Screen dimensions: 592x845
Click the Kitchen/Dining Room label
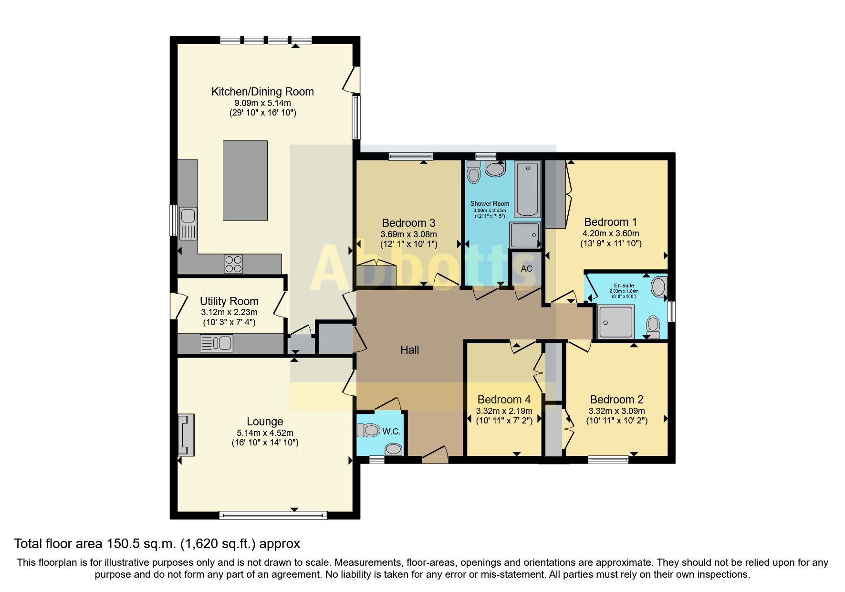262,92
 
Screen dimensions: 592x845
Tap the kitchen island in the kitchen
245,180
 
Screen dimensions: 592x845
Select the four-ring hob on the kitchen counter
233,264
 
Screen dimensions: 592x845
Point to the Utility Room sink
217,343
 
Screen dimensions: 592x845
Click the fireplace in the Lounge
186,435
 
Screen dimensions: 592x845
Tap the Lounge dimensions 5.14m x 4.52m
265,433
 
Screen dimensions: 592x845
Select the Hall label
409,350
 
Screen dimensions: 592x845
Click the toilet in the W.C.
368,430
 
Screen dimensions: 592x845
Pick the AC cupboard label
526,269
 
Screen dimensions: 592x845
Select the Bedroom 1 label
610,222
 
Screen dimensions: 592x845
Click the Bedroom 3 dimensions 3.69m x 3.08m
408,234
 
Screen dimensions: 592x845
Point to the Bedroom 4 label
504,400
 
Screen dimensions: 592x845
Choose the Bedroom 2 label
616,400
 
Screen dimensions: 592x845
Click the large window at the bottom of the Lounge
273,515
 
